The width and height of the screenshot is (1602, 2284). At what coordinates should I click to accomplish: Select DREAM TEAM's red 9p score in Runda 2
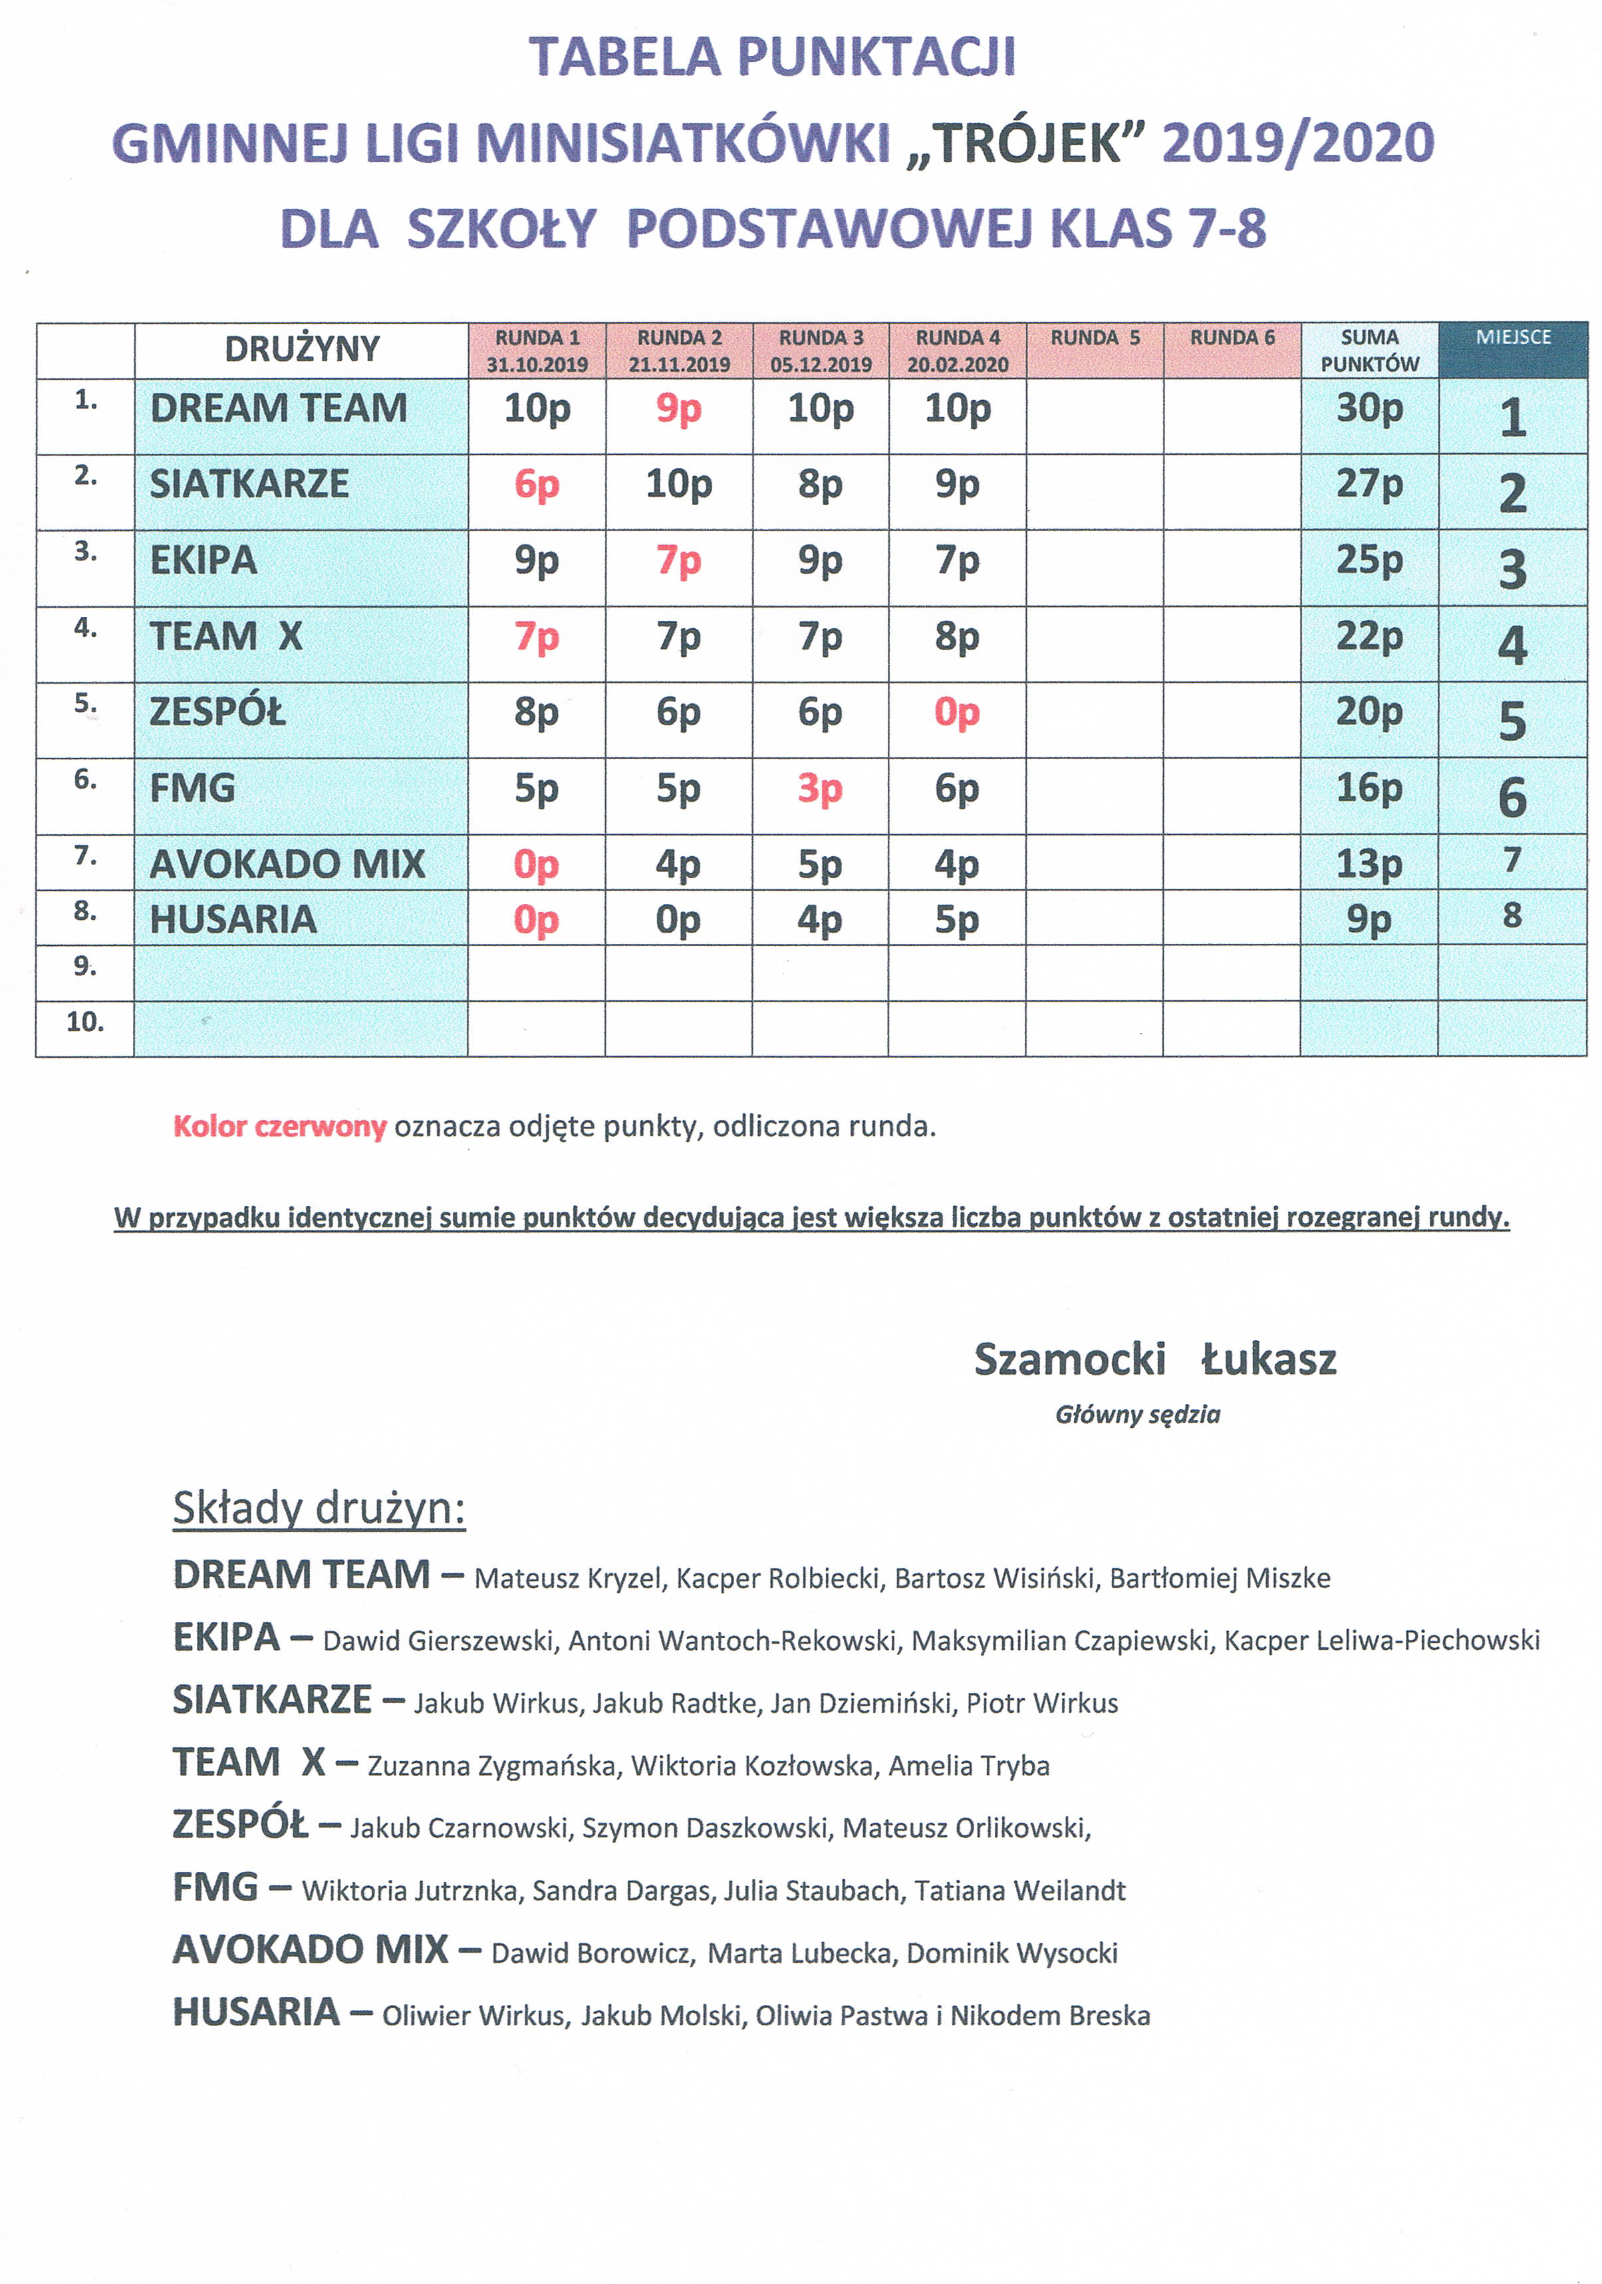(678, 409)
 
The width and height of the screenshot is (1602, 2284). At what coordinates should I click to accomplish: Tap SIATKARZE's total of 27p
(1369, 485)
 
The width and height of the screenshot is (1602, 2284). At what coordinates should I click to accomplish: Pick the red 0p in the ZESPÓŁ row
(956, 713)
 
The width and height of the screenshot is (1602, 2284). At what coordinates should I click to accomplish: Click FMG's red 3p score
(820, 789)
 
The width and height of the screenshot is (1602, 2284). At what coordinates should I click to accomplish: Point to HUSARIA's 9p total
(1369, 920)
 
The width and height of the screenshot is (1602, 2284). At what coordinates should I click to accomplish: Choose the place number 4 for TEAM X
(1512, 645)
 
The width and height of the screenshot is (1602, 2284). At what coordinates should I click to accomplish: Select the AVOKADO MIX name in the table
(287, 864)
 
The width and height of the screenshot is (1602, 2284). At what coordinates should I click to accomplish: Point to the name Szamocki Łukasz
(1154, 1359)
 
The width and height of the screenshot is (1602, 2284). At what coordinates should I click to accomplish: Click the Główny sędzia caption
(1137, 1415)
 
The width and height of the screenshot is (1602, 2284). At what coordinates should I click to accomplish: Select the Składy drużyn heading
(319, 1508)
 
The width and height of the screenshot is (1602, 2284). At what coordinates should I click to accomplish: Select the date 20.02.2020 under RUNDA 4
(957, 365)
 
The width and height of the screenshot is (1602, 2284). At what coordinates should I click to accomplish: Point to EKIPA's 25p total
(1369, 560)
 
